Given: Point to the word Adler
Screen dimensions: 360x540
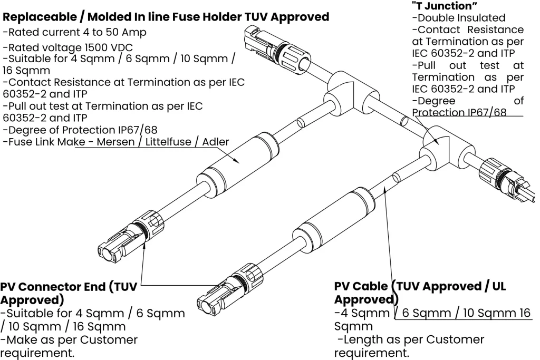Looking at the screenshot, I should pos(215,142).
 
